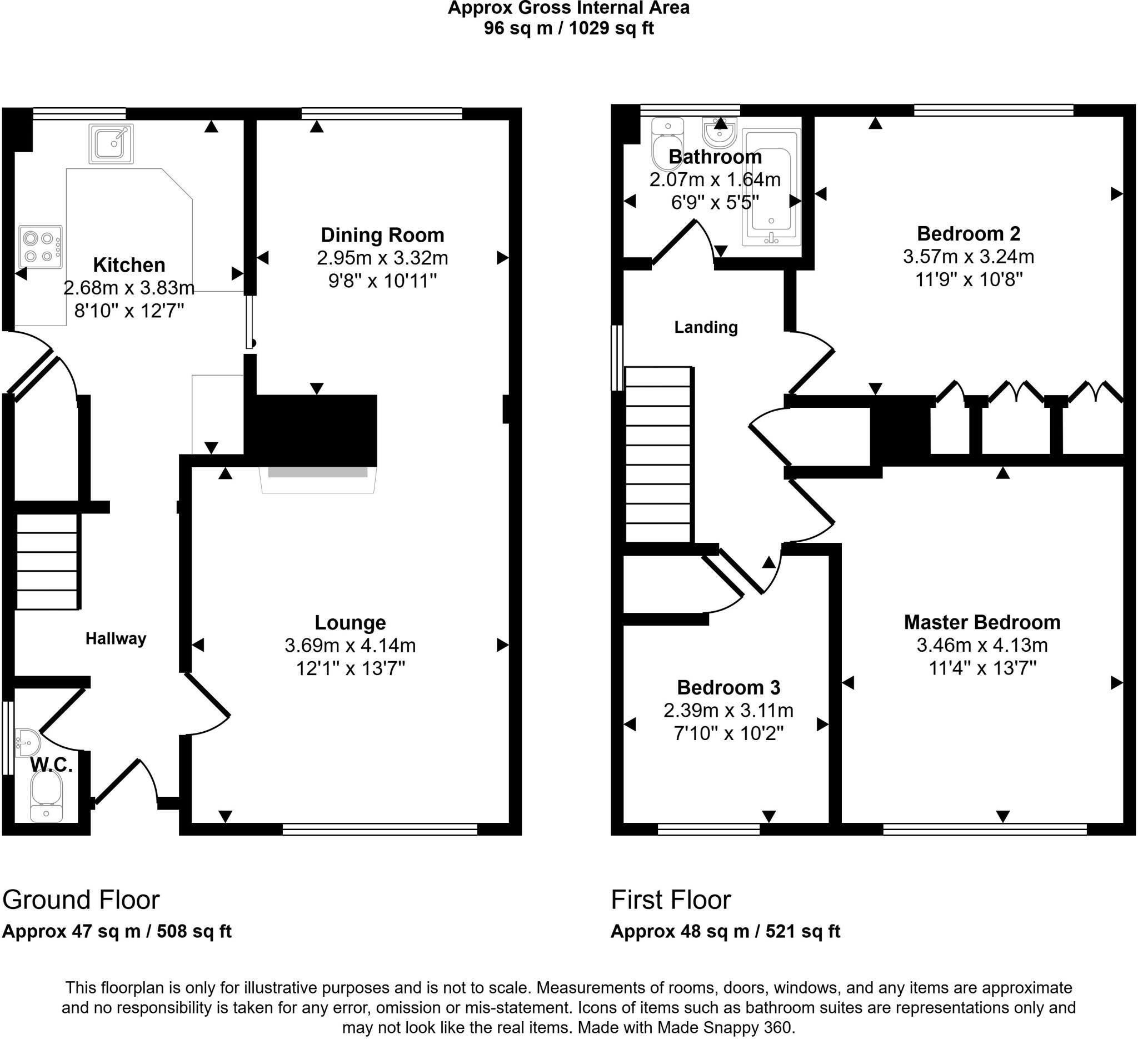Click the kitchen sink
111,143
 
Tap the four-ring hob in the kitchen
41,247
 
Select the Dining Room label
382,235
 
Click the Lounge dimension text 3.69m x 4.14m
350,645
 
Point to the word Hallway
116,638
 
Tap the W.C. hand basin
26,743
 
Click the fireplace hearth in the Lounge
318,479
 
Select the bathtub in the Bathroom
771,187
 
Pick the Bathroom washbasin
719,133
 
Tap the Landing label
706,327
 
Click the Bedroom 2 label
968,233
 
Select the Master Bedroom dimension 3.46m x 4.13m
982,645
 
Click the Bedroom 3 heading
728,687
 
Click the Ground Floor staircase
46,562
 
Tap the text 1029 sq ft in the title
611,28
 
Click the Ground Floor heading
81,900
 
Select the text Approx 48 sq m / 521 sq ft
725,931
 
